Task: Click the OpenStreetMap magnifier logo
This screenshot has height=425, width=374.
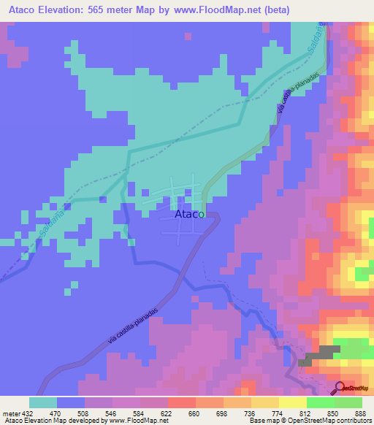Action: pos(340,388)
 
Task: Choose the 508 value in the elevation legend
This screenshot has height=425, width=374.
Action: pos(85,413)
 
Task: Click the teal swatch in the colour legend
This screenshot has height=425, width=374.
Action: pos(43,402)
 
